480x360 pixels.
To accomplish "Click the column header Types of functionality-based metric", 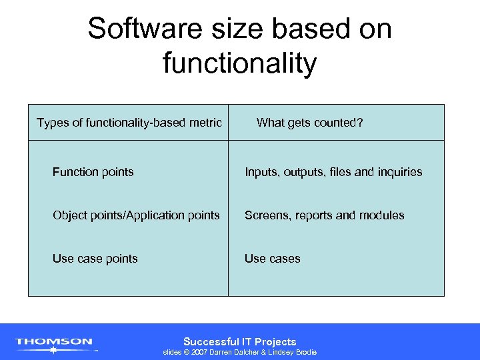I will click(x=129, y=122).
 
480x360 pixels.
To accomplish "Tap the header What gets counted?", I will click(x=309, y=122).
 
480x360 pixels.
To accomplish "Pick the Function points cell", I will click(x=93, y=172).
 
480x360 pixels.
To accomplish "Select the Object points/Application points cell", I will click(x=136, y=215).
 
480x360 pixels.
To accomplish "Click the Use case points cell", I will click(x=95, y=259).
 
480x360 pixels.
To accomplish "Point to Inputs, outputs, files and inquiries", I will click(x=333, y=172).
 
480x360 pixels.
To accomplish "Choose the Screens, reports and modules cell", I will click(x=324, y=215).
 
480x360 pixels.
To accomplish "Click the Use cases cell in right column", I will click(x=272, y=259).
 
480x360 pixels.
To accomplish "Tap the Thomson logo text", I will click(x=54, y=341).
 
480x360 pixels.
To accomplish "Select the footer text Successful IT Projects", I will click(x=239, y=341).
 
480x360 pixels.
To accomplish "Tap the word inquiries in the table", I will click(x=399, y=172).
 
